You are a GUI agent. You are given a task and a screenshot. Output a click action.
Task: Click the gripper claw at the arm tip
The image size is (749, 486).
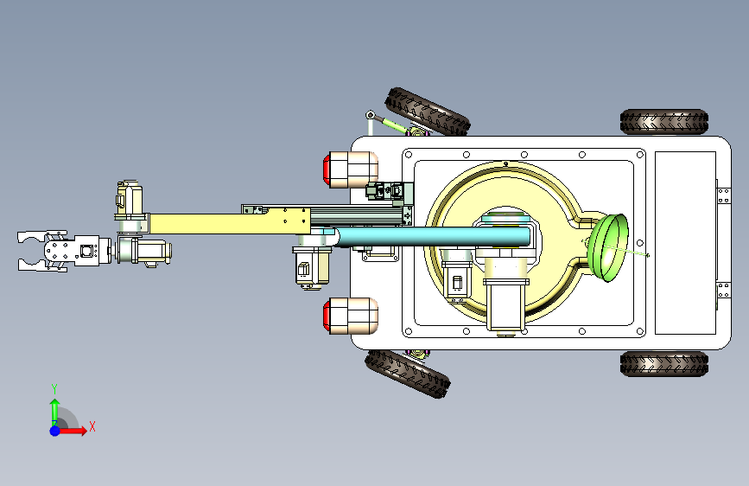point(42,252)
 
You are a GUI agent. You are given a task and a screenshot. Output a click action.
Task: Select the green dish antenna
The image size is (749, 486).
point(607,248)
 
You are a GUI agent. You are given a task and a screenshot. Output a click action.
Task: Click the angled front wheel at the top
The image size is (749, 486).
point(428,112)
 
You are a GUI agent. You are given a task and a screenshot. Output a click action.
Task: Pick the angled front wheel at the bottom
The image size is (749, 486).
point(408,374)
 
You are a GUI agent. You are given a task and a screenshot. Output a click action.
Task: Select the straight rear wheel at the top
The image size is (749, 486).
point(664,121)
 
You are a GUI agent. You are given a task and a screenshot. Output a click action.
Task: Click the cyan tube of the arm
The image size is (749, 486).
point(432,237)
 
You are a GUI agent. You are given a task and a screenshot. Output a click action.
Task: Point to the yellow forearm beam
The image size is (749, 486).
point(229,223)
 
